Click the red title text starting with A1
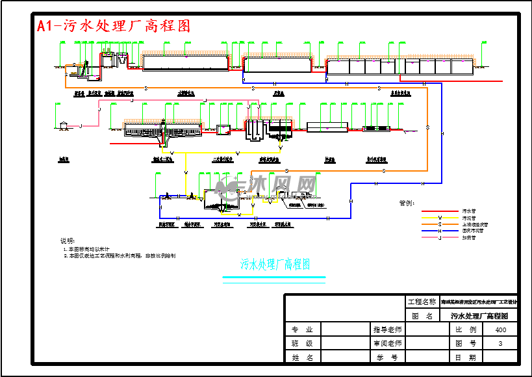point(114,26)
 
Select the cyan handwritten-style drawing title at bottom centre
point(275,265)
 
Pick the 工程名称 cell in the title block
point(422,302)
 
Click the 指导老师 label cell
point(388,330)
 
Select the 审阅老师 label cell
point(388,343)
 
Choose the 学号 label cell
point(388,357)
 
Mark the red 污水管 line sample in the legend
point(440,211)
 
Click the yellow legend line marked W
point(440,218)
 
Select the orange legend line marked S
point(440,224)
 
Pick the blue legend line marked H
point(440,231)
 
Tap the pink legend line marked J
point(440,237)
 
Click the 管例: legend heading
point(407,203)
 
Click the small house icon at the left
point(63,125)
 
